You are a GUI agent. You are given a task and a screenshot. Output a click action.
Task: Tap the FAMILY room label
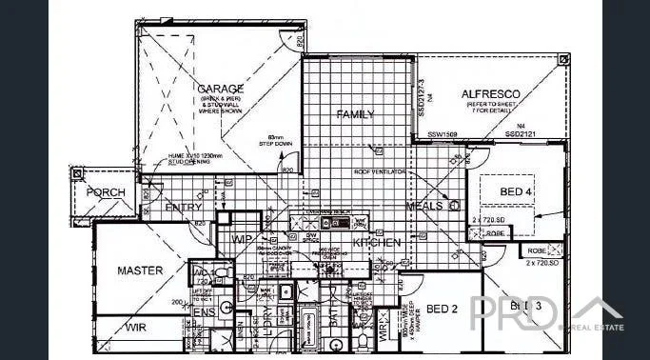(355, 114)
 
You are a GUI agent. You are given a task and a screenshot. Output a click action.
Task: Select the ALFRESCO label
(489, 93)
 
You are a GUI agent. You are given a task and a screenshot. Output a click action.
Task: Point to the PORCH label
(106, 192)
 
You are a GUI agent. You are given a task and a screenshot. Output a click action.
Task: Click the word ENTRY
(183, 207)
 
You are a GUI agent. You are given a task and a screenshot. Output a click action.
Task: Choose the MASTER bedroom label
(140, 270)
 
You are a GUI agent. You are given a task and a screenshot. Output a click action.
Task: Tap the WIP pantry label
(242, 239)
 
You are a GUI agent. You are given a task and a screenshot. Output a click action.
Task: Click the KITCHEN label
(377, 243)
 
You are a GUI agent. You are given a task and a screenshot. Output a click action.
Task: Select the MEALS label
(424, 206)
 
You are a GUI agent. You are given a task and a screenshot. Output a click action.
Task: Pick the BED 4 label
(517, 192)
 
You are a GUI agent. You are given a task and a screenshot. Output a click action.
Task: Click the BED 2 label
(443, 309)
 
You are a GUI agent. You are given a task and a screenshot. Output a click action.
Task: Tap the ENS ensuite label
(204, 311)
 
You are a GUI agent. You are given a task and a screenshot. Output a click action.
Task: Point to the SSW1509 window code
(443, 135)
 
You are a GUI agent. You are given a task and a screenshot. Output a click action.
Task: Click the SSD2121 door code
(522, 135)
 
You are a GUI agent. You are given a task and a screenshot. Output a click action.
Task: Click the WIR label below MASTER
(136, 328)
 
